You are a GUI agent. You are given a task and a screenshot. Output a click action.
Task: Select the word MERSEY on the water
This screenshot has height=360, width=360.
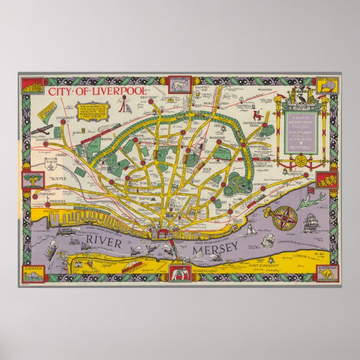pyautogui.click(x=221, y=248)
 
